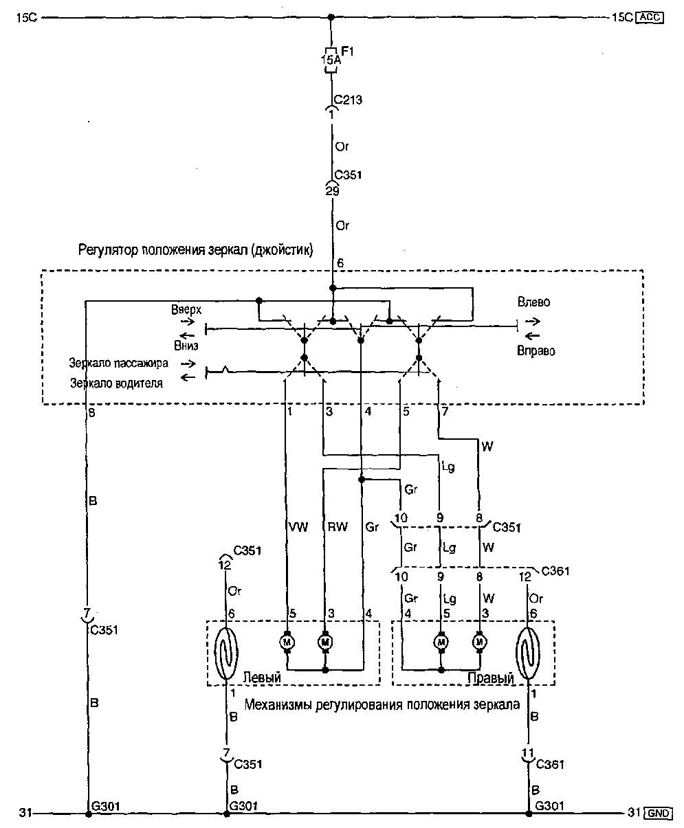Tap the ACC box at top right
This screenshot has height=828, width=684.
point(650,18)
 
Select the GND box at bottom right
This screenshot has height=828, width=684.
point(658,814)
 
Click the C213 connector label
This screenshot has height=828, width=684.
point(349,100)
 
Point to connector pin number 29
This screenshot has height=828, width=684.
point(332,192)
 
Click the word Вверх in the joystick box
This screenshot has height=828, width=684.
point(186,310)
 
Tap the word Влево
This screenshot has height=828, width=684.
point(533,302)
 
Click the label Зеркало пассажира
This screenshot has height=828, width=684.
point(118,362)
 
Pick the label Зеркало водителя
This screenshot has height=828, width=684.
point(116,383)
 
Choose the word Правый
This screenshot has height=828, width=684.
point(491,678)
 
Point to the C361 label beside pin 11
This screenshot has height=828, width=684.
point(549,764)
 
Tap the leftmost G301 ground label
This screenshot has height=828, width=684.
point(104,806)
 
